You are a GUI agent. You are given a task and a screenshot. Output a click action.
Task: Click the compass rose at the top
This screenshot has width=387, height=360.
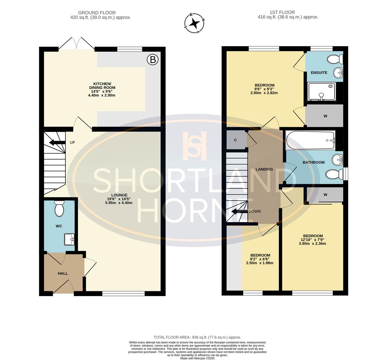point(195,23)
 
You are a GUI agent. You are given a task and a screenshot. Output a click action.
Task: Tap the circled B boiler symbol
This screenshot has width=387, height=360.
point(152,60)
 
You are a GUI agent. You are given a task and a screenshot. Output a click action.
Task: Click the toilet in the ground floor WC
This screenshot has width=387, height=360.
point(59,209)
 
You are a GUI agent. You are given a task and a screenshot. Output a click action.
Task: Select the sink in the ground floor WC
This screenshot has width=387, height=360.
point(69,239)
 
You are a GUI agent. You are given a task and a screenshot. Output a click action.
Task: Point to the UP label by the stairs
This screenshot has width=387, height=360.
point(72,143)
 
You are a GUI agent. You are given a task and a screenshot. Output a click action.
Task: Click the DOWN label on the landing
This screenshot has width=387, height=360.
point(255,211)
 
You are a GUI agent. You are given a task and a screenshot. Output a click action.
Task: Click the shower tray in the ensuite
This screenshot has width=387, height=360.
point(322,91)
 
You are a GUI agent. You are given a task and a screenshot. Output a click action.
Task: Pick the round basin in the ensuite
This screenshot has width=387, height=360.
point(338,72)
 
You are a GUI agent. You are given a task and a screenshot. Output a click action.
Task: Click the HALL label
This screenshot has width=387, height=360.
point(63,273)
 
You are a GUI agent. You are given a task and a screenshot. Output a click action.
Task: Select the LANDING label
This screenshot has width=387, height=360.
point(264,169)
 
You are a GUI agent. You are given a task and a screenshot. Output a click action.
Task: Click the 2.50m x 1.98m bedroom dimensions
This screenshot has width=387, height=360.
point(260,263)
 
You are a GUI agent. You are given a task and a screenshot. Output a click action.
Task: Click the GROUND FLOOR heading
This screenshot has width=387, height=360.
point(97,13)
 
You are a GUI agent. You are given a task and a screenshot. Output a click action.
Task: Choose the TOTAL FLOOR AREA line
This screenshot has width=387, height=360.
point(197,337)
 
